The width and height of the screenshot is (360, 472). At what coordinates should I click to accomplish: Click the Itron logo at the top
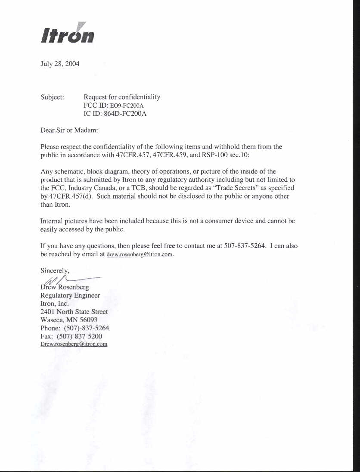[68, 34]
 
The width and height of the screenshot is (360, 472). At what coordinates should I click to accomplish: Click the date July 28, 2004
[60, 64]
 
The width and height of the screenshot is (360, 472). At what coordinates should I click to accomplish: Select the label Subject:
[52, 97]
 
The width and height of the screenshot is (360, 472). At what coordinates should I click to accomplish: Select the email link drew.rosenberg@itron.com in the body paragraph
[140, 255]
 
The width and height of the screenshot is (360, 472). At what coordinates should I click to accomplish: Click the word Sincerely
[54, 271]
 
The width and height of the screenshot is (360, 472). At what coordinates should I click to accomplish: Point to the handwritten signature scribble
[65, 281]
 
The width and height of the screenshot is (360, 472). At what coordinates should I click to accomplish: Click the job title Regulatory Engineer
[70, 295]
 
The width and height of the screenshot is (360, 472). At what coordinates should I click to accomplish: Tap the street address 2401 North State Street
[74, 311]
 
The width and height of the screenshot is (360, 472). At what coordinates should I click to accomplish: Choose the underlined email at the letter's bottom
[74, 344]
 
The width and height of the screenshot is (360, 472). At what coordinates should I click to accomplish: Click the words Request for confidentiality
[122, 97]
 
